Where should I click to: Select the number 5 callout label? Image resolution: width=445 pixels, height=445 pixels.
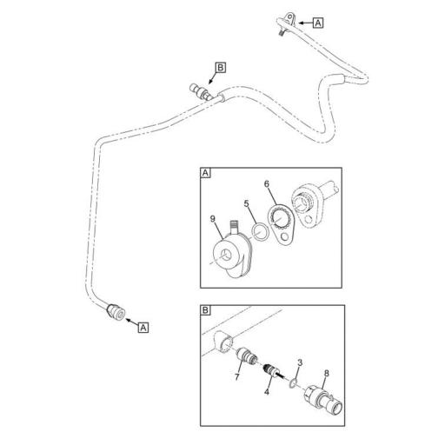click(248, 206)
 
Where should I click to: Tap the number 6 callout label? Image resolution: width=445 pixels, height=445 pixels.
click(268, 185)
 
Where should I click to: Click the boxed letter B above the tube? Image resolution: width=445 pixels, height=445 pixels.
click(221, 67)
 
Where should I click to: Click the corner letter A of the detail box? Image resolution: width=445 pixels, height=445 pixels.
click(206, 173)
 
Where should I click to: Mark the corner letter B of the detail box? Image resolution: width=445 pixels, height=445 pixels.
click(206, 309)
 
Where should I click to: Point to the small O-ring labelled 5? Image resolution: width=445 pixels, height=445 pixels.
click(258, 231)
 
